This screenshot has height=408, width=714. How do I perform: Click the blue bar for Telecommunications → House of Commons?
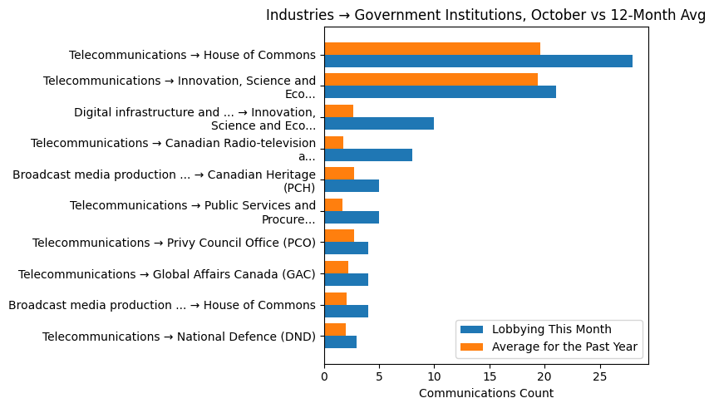click(478, 61)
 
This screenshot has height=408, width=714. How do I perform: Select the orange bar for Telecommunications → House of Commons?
click(432, 48)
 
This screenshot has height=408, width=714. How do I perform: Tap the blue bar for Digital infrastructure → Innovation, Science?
click(379, 124)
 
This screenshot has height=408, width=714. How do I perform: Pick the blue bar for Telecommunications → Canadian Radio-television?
click(368, 155)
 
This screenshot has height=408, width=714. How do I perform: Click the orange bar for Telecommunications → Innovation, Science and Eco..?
click(431, 80)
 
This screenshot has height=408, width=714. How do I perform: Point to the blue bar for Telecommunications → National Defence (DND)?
click(340, 342)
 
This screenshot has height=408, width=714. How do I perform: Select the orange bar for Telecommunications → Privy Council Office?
click(339, 236)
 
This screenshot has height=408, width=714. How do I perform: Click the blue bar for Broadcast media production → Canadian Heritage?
click(352, 186)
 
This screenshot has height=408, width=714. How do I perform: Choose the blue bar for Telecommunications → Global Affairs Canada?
click(346, 280)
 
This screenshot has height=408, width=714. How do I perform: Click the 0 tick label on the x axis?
click(324, 376)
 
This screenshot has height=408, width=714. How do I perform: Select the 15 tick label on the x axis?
click(490, 376)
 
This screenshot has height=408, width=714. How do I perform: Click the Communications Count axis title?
click(485, 393)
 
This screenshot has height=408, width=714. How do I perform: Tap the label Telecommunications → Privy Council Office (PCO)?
click(174, 243)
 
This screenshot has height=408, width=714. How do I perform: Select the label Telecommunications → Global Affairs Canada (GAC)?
click(167, 274)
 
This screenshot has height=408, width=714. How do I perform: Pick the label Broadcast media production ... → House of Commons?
click(162, 305)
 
